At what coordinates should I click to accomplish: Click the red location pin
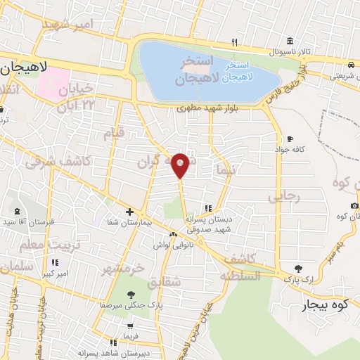coord(180,165)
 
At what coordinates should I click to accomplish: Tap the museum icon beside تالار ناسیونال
coord(290,41)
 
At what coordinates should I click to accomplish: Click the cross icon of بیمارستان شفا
coord(129,211)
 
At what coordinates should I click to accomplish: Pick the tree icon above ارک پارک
coord(299,268)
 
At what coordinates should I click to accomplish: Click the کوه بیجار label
coord(326,306)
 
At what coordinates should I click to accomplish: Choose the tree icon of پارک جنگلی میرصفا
coord(130,294)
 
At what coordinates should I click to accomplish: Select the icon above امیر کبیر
coord(54,262)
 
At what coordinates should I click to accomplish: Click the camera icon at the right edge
coord(354,205)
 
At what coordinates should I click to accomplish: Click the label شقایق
coord(167,281)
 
